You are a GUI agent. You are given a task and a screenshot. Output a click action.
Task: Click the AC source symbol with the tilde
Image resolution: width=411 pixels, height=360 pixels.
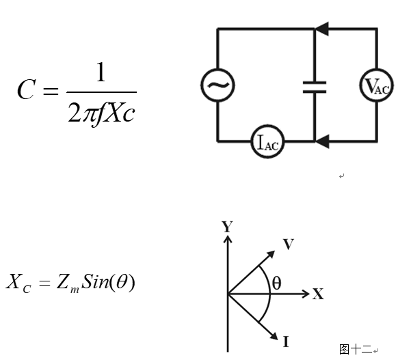point(217,85)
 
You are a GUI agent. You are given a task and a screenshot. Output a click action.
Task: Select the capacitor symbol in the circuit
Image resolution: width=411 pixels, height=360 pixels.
point(315,85)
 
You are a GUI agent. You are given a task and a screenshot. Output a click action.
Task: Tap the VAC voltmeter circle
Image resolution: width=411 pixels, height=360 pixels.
point(376,85)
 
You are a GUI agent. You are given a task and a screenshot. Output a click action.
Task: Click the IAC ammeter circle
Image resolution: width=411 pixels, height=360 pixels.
point(265,142)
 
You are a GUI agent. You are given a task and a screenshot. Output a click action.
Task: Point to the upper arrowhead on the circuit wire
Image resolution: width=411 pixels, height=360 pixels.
point(322,29)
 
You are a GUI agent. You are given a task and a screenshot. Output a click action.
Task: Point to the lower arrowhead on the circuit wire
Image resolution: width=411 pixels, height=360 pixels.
point(322,141)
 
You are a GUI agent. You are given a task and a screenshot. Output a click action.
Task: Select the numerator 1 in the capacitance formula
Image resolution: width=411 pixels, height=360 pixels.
point(101,72)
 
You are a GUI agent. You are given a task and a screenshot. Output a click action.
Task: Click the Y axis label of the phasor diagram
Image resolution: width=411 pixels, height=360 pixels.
point(227,227)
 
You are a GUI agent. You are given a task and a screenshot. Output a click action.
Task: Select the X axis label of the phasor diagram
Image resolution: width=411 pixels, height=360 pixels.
point(318,294)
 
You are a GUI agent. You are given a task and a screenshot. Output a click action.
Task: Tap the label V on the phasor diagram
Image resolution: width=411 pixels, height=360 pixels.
point(288,245)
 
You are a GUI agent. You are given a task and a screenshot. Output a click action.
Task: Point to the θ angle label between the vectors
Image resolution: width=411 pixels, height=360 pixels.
point(276,281)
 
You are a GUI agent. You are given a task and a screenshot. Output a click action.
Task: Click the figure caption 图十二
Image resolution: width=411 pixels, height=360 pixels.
point(356,349)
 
